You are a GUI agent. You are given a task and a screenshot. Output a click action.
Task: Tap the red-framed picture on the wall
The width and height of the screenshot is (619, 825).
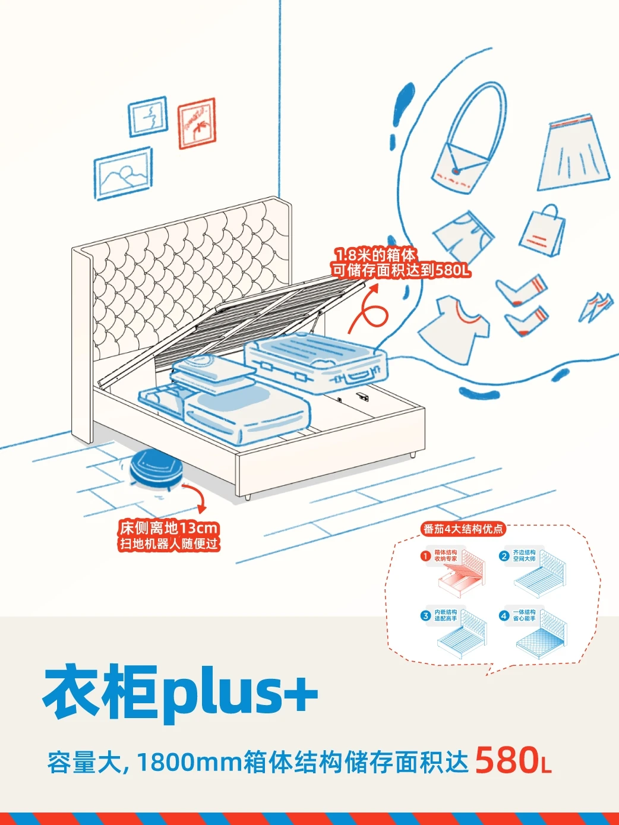[x=197, y=124]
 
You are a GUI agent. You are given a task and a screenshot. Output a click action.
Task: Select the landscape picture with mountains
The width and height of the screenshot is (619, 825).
[x=123, y=173]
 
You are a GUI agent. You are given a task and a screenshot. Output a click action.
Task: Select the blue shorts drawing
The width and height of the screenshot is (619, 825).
[x=463, y=236]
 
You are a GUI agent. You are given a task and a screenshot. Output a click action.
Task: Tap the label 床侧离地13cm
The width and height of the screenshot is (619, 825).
[x=169, y=528]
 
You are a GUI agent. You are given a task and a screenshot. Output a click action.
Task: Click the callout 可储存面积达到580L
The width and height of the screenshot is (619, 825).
[x=401, y=271]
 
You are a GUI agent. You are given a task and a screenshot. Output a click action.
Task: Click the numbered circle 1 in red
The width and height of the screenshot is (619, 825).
[x=425, y=557]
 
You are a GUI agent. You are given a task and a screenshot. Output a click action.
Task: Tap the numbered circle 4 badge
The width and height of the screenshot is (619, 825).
[x=504, y=616]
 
